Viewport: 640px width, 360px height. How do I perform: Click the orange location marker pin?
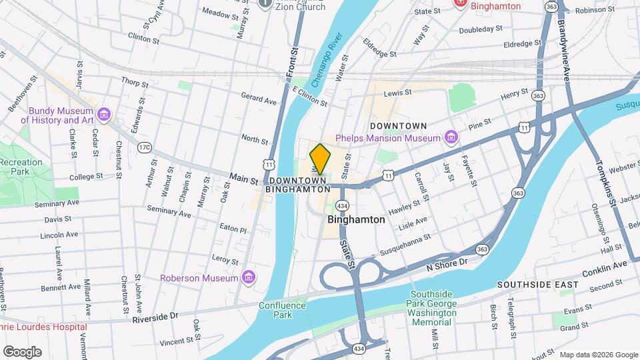[x=320, y=160]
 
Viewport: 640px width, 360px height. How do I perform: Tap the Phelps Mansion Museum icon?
[x=451, y=138]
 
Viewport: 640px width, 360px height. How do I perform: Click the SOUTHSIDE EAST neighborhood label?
[x=537, y=285]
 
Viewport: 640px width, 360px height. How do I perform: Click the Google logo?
[x=22, y=351]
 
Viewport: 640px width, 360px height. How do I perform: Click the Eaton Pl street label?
[x=234, y=229]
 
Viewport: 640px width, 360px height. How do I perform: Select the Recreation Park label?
[x=21, y=167]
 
